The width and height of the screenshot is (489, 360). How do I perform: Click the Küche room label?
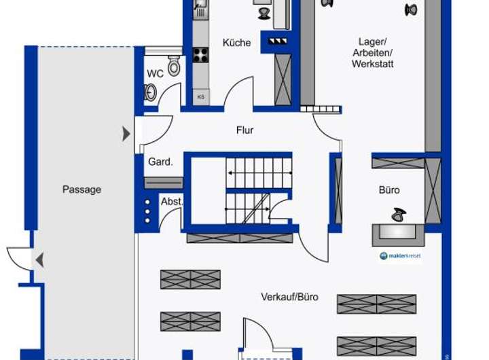pos(236,43)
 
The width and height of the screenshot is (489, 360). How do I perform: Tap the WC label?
pos(155,73)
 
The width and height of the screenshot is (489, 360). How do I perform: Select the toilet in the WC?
pos(174,66)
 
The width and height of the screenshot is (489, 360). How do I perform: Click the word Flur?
pos(245,130)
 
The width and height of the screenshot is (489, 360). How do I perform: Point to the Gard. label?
pos(160,162)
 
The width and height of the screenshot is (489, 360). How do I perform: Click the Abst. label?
pos(171,202)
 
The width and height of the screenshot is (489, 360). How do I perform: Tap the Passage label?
pos(81,190)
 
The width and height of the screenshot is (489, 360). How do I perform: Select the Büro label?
pos(389,190)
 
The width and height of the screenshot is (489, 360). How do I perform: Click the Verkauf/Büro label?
pos(289,297)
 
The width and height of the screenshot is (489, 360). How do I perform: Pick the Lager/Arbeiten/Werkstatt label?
pos(372,52)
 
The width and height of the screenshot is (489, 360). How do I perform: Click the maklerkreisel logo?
pos(400,256)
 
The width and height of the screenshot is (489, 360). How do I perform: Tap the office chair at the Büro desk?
pos(397,215)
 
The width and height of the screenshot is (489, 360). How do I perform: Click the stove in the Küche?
pos(200,55)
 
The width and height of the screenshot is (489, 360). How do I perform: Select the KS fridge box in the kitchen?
pos(200,96)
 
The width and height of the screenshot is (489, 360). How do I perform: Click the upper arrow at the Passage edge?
pos(126,134)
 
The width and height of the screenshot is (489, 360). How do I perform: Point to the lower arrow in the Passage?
pos(40,259)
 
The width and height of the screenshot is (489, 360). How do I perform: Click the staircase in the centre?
pos(259,191)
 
